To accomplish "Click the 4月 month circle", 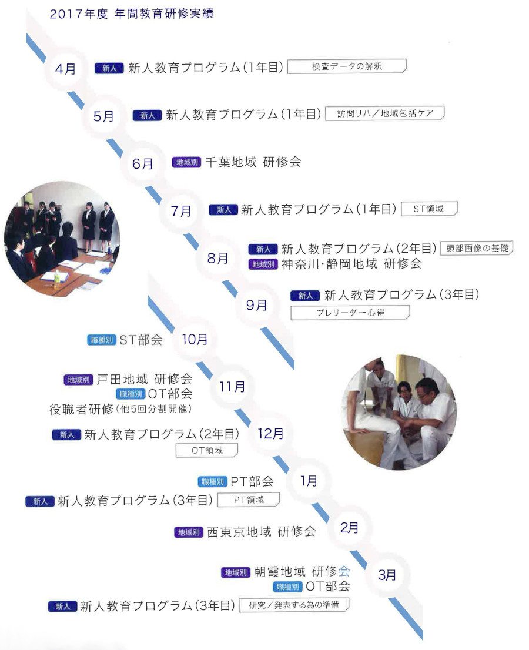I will click(x=66, y=69).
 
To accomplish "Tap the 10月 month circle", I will click(x=195, y=340).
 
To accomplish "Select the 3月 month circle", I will click(x=387, y=575).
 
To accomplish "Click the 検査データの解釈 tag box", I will click(x=347, y=66).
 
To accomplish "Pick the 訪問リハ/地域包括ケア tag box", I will click(x=385, y=113).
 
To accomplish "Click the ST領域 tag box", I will click(x=428, y=209).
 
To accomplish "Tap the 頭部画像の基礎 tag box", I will click(x=477, y=248).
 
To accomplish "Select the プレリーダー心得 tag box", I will click(x=350, y=312).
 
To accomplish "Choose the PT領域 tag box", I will click(x=248, y=500).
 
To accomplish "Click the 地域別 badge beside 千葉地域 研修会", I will click(x=187, y=163).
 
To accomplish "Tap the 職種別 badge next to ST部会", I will click(x=102, y=340).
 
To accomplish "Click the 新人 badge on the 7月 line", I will click(x=223, y=209).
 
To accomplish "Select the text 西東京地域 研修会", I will click(x=261, y=531).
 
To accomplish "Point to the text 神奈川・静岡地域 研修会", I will click(x=351, y=264).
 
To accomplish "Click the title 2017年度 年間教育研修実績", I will click(x=132, y=14).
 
